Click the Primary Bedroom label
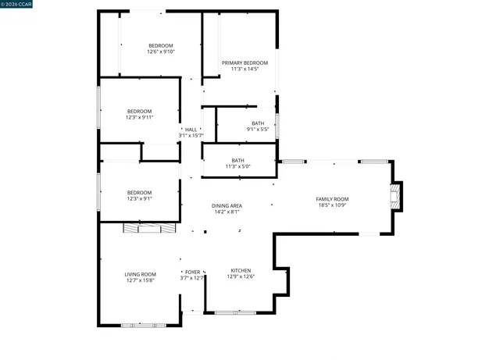245,62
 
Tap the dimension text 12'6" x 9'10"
161,52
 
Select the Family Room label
332,199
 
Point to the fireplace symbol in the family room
398,197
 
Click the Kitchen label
241,269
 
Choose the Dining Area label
227,205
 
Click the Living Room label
141,274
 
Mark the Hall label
191,130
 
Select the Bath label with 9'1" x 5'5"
258,123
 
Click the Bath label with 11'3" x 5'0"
237,160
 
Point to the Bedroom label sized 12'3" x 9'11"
140,111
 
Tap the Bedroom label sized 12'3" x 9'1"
140,192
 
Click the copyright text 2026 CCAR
17,5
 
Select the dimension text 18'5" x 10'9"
332,205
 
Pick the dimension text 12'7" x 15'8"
141,280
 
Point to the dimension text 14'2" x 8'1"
227,212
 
